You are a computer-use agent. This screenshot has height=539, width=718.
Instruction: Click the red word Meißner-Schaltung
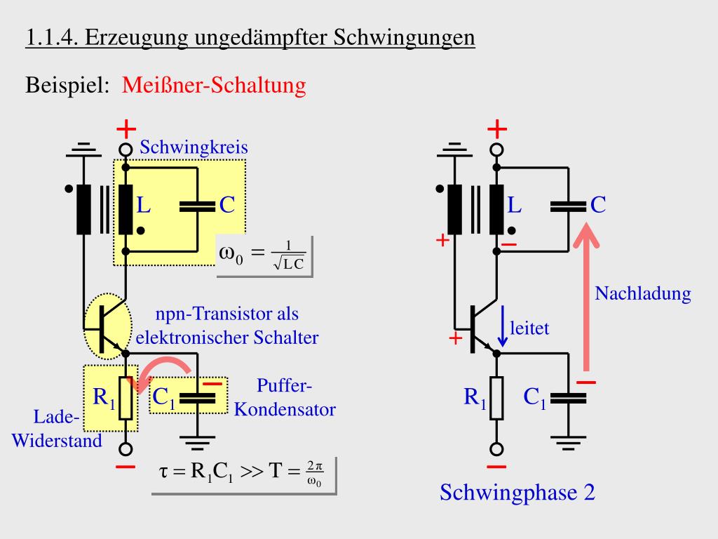coord(214,86)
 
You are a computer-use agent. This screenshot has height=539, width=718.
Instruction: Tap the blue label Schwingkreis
coord(194,148)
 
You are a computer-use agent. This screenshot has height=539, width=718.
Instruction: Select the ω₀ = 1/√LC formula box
coord(263,255)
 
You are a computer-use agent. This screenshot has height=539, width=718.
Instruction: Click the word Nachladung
coord(643,293)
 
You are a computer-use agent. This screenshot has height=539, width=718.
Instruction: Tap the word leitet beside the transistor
coord(529,328)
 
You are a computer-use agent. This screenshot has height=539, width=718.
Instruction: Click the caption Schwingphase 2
coord(517,493)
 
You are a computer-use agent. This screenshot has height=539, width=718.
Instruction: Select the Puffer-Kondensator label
coord(284,397)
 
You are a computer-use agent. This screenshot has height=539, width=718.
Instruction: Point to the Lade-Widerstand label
coord(57,429)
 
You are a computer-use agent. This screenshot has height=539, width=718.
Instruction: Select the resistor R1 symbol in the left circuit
coord(126,399)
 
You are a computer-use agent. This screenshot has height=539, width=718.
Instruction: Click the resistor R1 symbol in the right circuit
coord(496,398)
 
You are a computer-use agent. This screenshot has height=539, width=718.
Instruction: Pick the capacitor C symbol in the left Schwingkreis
coord(197,206)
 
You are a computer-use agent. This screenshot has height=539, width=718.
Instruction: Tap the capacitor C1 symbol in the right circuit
coord(567,398)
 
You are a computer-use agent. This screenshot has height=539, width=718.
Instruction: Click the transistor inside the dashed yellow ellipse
coord(107,325)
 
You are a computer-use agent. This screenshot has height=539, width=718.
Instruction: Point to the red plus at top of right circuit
coord(497,129)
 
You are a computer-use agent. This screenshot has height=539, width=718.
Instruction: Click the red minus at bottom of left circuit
coord(126,467)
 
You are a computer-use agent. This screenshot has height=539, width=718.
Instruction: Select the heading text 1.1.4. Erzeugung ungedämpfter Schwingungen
coord(250,37)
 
